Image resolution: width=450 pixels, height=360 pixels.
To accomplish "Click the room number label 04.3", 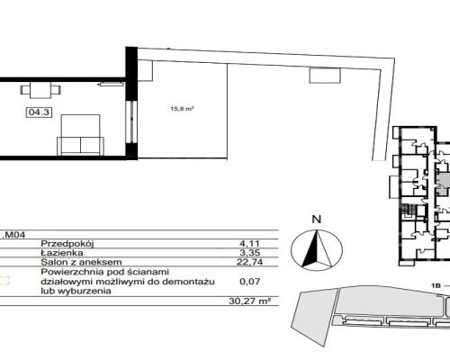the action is [x=39, y=112].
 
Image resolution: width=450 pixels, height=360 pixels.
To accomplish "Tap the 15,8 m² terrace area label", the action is [x=182, y=109].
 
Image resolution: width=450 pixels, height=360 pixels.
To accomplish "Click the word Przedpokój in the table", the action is [x=67, y=244].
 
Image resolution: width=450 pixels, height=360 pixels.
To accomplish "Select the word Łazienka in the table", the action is [x=62, y=253].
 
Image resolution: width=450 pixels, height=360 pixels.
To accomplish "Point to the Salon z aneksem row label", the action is [x=81, y=262].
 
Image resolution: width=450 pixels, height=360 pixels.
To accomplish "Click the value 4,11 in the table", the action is [x=249, y=244].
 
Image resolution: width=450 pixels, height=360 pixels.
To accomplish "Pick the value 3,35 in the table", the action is [x=249, y=253].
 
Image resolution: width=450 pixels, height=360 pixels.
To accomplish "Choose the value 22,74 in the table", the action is [x=249, y=262].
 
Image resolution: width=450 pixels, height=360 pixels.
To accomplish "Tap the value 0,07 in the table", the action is [x=249, y=282].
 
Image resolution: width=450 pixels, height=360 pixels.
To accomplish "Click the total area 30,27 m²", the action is [x=249, y=301].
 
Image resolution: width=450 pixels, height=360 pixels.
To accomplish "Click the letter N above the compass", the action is [x=317, y=220].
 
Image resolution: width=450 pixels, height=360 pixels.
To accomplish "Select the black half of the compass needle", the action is [x=311, y=250].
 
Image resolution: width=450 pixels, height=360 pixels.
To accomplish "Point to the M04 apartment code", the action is [x=15, y=235].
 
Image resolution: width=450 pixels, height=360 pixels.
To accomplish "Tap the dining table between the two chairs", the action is [x=40, y=90].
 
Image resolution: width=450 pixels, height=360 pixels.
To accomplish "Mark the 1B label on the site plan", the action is [x=436, y=286].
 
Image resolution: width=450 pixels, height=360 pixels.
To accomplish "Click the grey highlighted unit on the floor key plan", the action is [x=444, y=184].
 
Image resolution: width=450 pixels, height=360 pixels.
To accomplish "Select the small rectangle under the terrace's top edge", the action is [x=325, y=76].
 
